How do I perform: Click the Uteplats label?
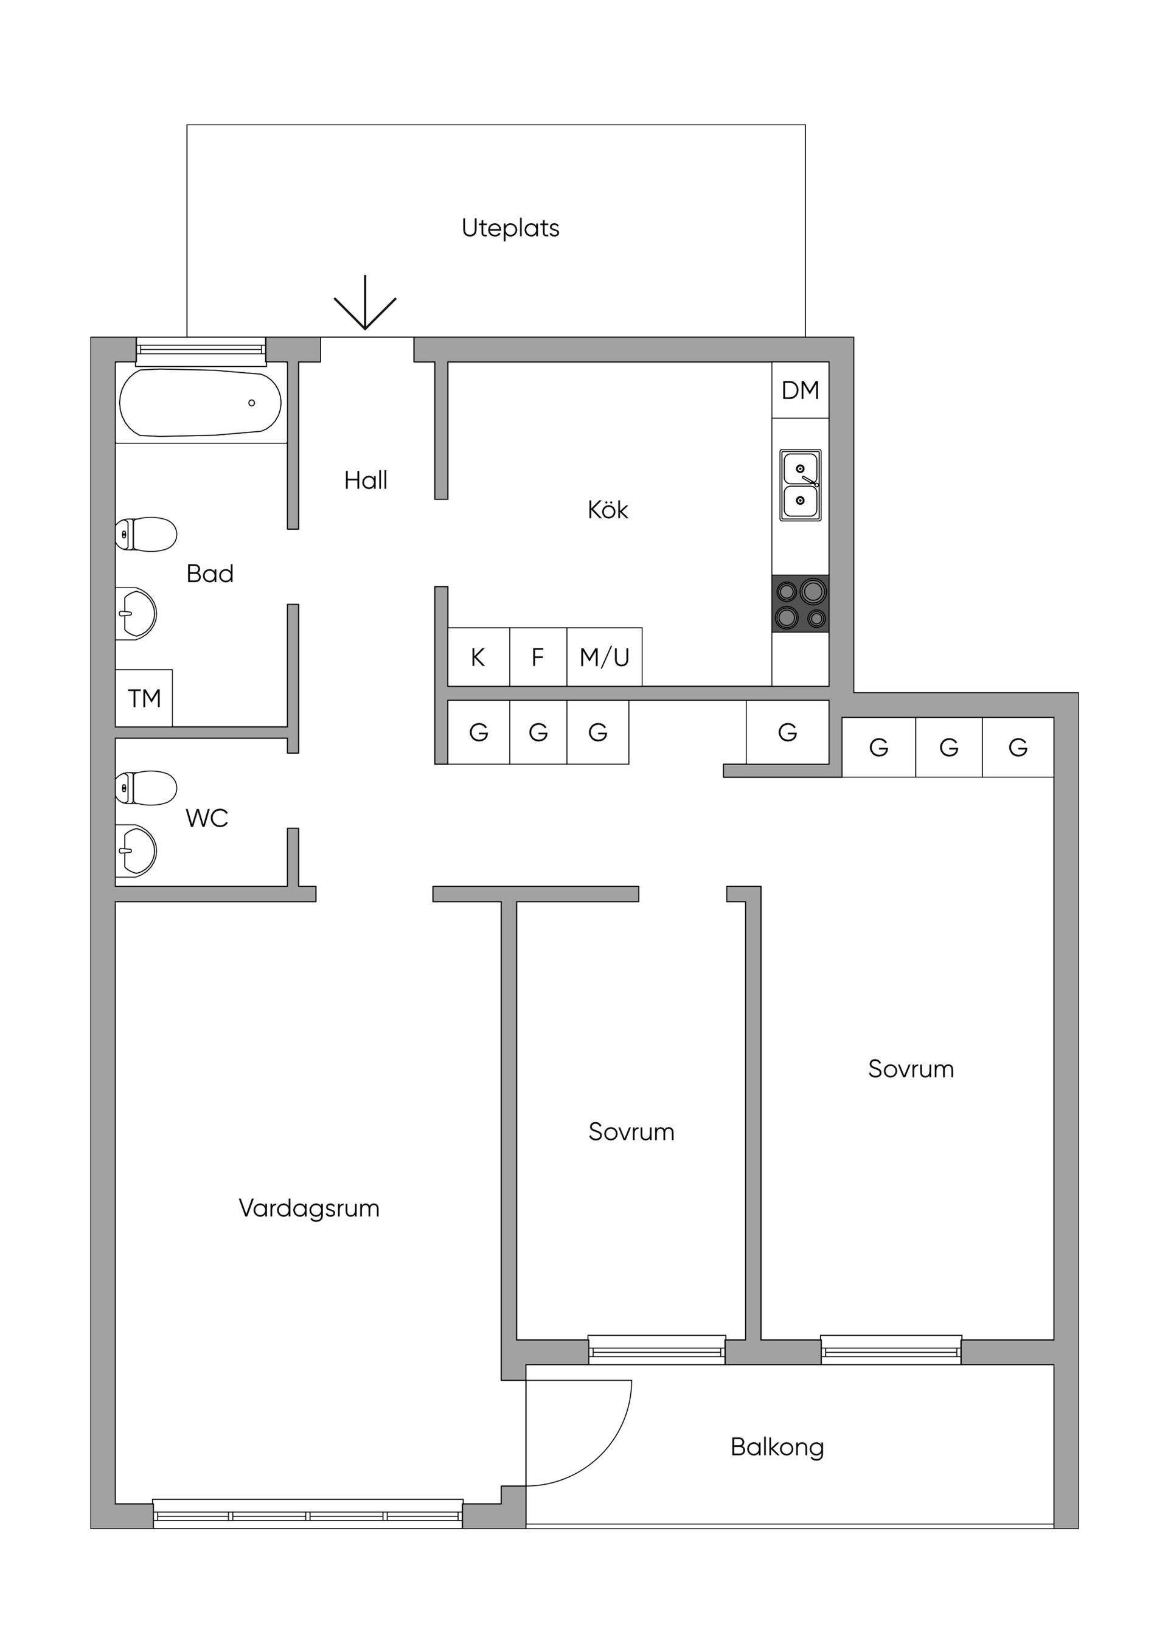510,228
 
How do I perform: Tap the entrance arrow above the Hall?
365,304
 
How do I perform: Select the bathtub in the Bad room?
200,403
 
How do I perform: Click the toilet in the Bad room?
147,534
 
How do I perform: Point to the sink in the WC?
137,850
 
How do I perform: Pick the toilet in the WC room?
147,788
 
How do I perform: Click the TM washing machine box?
144,698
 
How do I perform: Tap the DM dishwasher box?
800,390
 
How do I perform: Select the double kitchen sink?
800,485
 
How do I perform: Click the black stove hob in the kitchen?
800,603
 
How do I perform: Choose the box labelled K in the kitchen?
479,657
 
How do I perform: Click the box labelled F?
538,657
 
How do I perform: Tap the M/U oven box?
605,657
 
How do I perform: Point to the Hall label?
366,480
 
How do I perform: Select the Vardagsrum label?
309,1208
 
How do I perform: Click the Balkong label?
777,1447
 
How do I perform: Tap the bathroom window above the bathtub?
201,350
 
